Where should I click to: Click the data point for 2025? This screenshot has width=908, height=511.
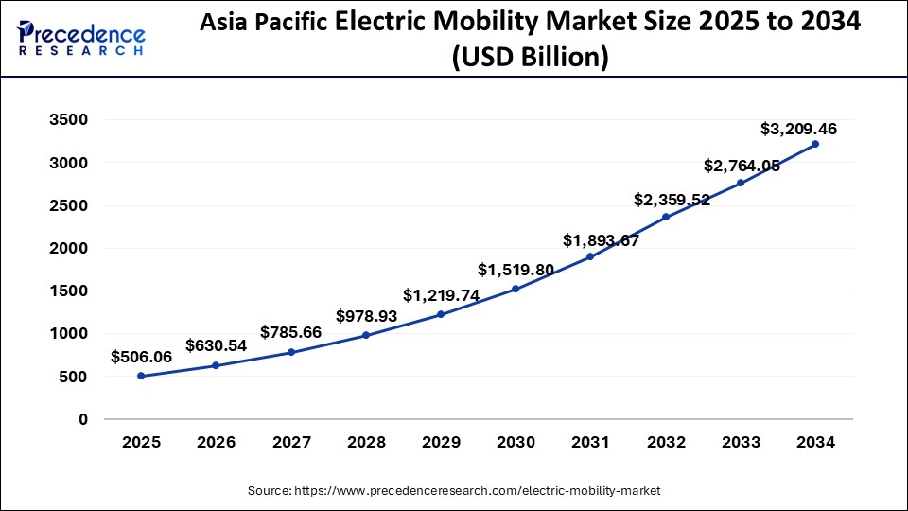tap(141, 376)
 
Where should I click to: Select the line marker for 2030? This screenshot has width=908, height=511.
tap(515, 289)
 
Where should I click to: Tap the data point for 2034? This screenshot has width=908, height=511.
tap(815, 144)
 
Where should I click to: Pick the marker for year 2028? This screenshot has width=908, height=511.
tap(366, 335)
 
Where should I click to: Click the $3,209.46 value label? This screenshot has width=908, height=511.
tap(798, 129)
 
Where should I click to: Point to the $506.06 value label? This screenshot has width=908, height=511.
tap(141, 357)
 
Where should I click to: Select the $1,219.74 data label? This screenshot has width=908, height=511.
tap(441, 295)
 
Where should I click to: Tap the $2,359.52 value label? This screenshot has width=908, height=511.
tap(672, 200)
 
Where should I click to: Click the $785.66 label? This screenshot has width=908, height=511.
tap(291, 332)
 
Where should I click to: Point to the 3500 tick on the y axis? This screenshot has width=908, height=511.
tap(69, 120)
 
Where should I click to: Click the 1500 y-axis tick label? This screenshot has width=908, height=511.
tap(69, 291)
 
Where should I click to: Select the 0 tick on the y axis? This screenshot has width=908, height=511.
tap(82, 419)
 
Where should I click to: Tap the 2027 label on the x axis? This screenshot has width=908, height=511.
tap(290, 441)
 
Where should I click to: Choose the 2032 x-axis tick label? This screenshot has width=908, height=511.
tap(665, 441)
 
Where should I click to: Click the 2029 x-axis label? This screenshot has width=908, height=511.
tap(441, 441)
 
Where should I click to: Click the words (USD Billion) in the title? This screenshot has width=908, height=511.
tap(530, 58)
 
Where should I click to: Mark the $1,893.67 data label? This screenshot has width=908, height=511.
tap(601, 240)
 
